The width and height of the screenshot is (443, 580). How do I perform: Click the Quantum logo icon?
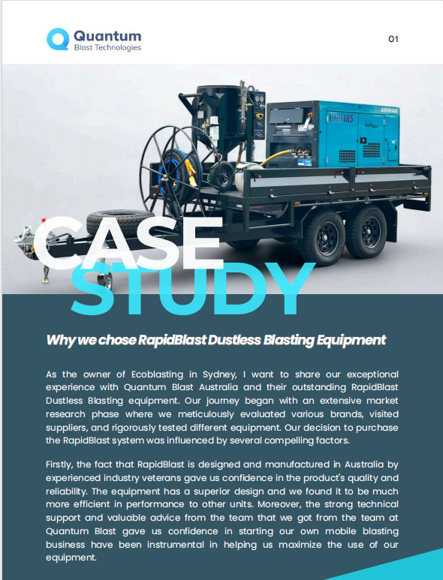click(x=58, y=40)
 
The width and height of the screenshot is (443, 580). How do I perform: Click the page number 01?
click(x=393, y=40)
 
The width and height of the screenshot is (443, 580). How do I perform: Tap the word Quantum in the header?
click(x=107, y=35)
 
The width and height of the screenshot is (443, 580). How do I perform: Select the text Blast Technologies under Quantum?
click(x=107, y=48)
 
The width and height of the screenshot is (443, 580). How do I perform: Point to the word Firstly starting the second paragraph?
click(x=62, y=464)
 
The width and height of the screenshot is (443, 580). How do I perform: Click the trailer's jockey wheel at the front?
click(x=105, y=281)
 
